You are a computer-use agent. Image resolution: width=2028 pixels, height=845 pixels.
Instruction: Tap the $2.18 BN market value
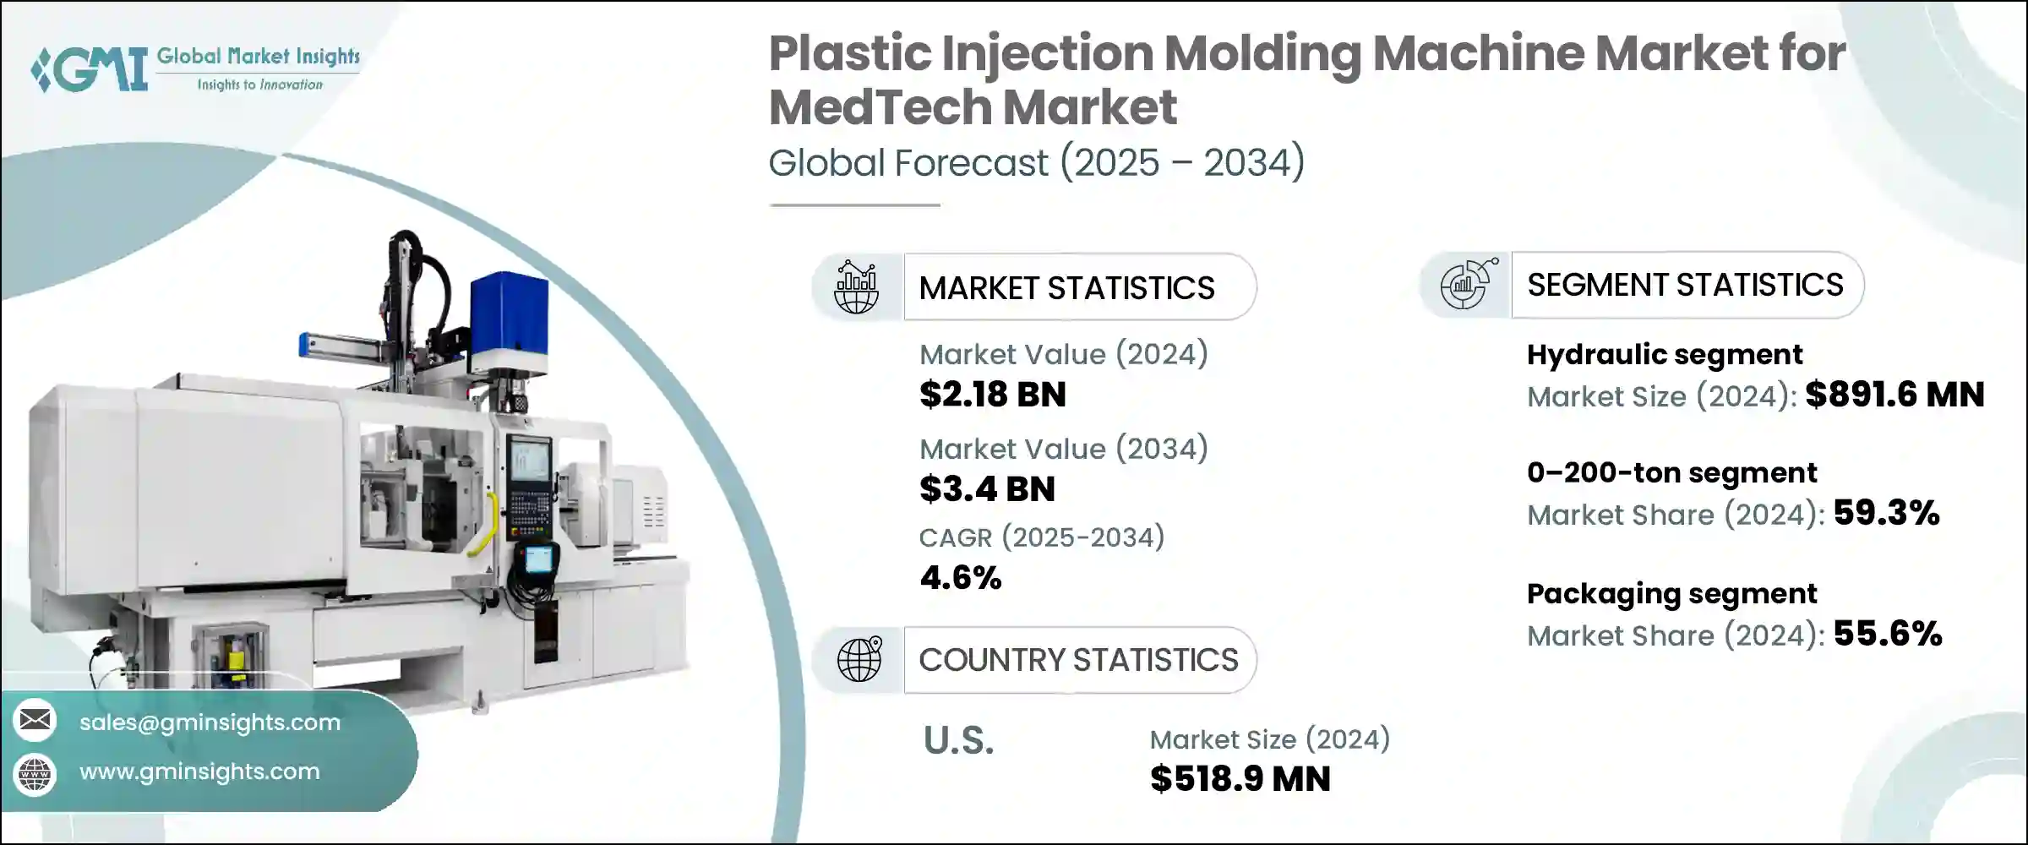[x=992, y=395]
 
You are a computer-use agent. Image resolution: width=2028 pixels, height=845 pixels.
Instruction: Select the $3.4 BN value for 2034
[x=987, y=489]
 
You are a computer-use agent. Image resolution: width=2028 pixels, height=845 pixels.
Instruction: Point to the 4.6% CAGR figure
[x=961, y=578]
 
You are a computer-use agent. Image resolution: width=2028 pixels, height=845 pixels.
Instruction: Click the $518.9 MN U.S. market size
[x=1240, y=779]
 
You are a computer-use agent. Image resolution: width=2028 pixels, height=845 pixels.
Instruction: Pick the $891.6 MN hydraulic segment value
[x=1894, y=395]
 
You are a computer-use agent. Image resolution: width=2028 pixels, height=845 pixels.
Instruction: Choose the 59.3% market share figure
[x=1886, y=513]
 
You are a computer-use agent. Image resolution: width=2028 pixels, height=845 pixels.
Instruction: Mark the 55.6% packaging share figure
[x=1888, y=634]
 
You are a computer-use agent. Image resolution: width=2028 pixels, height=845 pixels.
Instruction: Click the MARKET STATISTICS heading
[x=1066, y=288]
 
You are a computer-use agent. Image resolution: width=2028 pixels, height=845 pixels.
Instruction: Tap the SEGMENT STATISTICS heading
[x=1685, y=285]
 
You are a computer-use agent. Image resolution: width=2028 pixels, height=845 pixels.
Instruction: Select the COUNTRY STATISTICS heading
[x=1078, y=660]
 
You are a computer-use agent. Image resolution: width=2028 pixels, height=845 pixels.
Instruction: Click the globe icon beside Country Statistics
[x=859, y=659]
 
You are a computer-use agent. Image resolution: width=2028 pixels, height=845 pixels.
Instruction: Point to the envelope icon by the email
[x=35, y=720]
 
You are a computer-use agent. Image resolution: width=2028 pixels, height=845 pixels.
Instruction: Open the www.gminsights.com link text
[x=199, y=771]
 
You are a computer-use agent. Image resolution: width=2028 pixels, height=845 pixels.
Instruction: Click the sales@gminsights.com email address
[x=210, y=722]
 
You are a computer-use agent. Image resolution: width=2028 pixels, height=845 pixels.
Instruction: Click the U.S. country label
[x=958, y=741]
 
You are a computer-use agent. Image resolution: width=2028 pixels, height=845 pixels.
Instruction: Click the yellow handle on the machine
[x=486, y=524]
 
